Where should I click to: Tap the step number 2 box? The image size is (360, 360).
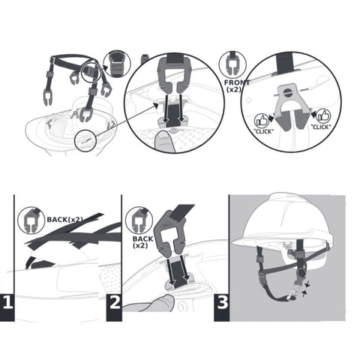114,304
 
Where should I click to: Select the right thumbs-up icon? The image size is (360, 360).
324,115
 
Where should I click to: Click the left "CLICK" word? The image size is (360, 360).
263,130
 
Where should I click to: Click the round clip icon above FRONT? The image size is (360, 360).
232,63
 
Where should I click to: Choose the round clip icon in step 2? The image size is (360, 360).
138,219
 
